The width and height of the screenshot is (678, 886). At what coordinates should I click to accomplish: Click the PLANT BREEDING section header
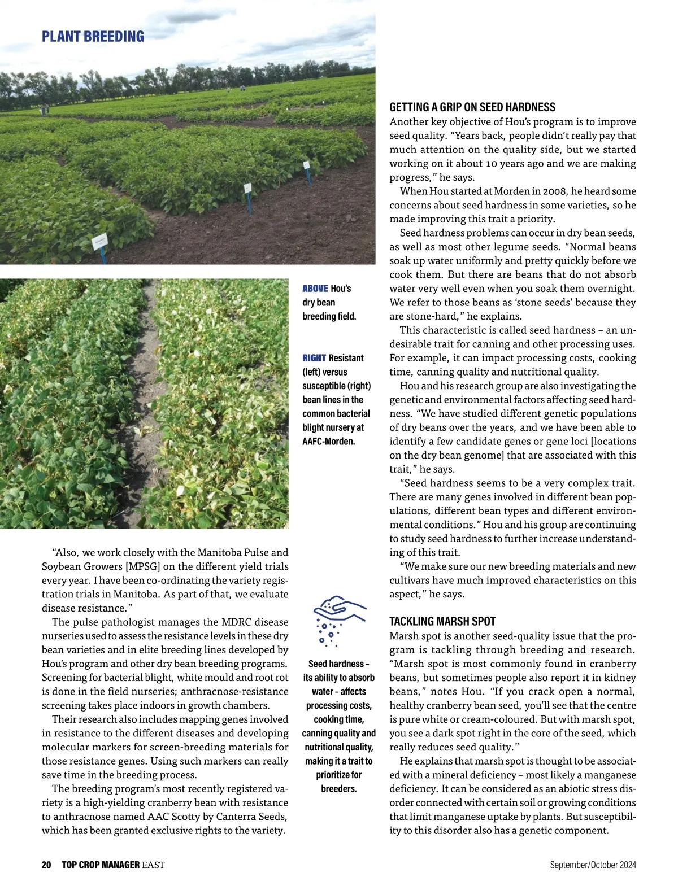[93, 37]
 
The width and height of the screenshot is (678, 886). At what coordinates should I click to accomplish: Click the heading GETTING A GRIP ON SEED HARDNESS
[472, 107]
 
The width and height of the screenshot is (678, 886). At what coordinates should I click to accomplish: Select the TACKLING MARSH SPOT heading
[442, 622]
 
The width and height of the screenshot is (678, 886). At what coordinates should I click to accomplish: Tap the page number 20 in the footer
[46, 865]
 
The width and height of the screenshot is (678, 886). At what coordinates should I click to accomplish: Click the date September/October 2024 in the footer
[593, 865]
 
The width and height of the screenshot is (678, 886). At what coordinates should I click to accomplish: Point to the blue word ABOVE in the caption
[315, 289]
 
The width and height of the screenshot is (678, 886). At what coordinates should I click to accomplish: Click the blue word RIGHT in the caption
[314, 358]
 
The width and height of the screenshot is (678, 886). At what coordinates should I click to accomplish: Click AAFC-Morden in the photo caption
[328, 441]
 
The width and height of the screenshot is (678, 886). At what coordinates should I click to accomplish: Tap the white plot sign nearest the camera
[100, 242]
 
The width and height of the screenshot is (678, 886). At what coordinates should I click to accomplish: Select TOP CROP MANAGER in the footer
[101, 865]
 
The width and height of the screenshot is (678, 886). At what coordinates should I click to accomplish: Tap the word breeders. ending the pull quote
[339, 789]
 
